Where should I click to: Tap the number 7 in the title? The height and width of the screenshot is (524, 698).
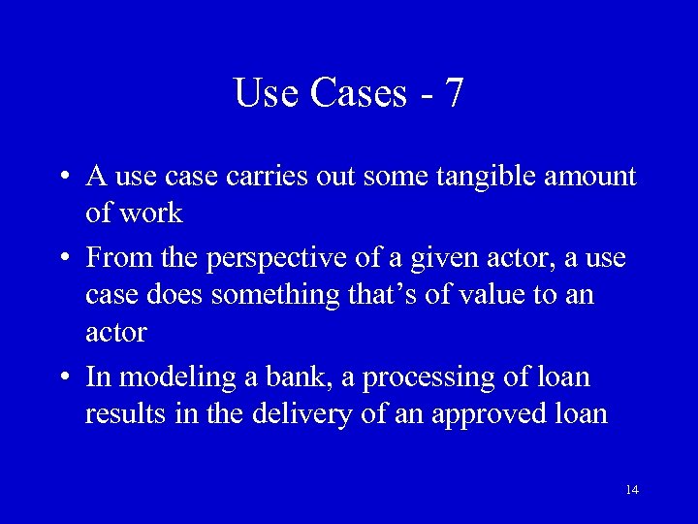click(454, 93)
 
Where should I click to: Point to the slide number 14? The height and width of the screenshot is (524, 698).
click(632, 489)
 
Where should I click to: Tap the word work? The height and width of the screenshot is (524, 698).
click(150, 213)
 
